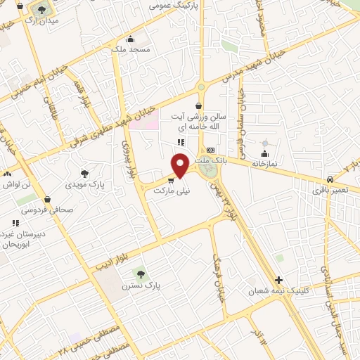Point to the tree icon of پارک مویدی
[84, 173]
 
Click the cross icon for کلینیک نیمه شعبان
[279, 280]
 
